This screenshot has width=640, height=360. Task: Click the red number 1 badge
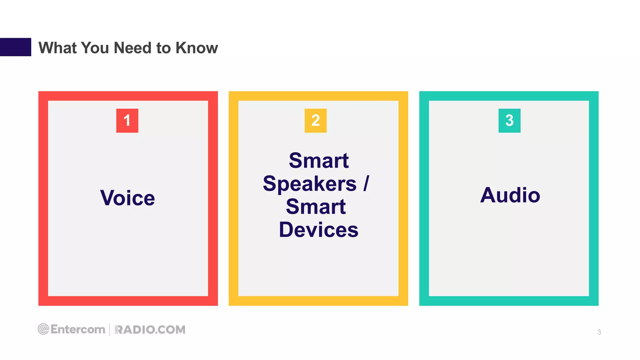pyautogui.click(x=127, y=121)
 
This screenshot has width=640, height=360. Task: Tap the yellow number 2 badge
pyautogui.click(x=316, y=121)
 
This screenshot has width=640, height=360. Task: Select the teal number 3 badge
pyautogui.click(x=509, y=121)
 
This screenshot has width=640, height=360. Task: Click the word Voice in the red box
pyautogui.click(x=127, y=198)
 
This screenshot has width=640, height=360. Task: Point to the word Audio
pyautogui.click(x=510, y=195)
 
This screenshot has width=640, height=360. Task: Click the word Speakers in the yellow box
pyautogui.click(x=310, y=184)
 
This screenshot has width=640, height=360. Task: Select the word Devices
pyautogui.click(x=318, y=230)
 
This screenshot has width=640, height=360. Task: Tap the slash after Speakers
pyautogui.click(x=366, y=183)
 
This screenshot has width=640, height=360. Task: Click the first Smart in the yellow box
pyautogui.click(x=318, y=161)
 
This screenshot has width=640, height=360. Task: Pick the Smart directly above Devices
pyautogui.click(x=316, y=207)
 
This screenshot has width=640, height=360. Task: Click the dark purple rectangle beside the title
pyautogui.click(x=16, y=47)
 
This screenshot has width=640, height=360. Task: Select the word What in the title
pyautogui.click(x=57, y=48)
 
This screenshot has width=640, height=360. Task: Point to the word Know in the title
pyautogui.click(x=197, y=48)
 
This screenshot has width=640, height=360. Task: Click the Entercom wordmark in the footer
pyautogui.click(x=78, y=329)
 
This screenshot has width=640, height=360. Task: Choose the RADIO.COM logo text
pyautogui.click(x=150, y=330)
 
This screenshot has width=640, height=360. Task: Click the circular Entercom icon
pyautogui.click(x=43, y=329)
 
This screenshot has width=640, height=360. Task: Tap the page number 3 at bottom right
pyautogui.click(x=599, y=332)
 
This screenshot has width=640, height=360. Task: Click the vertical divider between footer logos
pyautogui.click(x=110, y=330)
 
